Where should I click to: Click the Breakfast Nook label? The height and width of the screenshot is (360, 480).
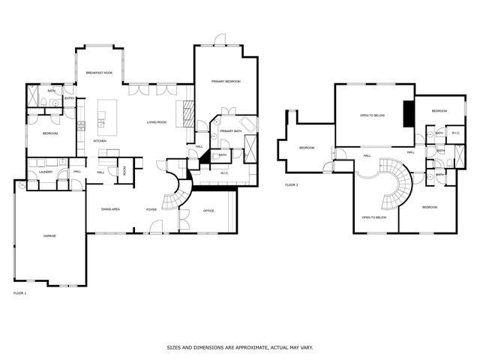tap(99, 72)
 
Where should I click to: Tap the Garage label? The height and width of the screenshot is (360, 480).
tap(49, 236)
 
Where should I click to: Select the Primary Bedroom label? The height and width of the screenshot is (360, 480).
tap(225, 81)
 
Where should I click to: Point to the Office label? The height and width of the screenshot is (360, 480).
tap(208, 211)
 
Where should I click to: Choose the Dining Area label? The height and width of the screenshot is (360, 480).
tap(111, 209)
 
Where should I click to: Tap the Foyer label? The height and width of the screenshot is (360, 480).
tap(151, 209)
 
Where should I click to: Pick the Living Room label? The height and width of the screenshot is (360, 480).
tap(156, 121)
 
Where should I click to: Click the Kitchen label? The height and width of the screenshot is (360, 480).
tap(100, 140)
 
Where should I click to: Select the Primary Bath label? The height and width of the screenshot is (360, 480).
tap(230, 131)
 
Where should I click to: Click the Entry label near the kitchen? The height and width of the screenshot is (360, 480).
tap(69, 98)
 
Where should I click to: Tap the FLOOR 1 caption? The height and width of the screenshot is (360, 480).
tap(20, 293)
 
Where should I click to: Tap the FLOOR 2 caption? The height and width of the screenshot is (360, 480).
tap(291, 184)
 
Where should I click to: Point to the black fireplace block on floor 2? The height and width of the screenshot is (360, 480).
tap(408, 112)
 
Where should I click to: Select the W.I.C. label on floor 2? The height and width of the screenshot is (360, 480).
tap(455, 133)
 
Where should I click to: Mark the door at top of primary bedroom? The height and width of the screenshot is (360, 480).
tap(219, 40)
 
